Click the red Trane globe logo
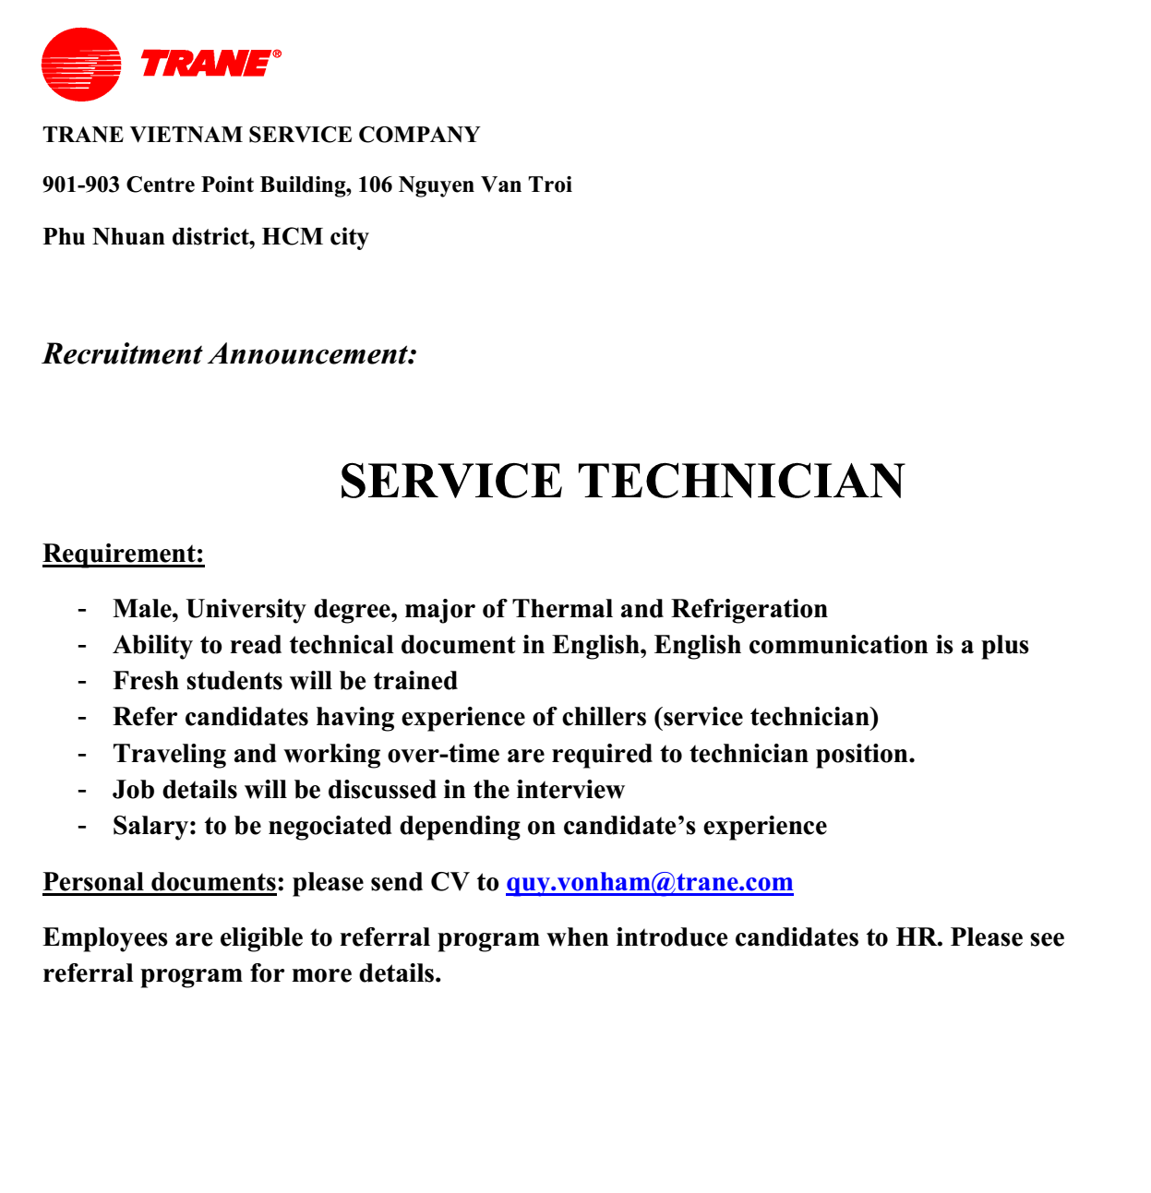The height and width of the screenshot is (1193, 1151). pos(81,65)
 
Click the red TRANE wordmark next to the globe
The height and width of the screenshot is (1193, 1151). pos(207,64)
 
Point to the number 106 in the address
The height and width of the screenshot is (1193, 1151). pos(375,185)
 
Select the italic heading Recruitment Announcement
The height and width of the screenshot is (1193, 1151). pos(230,354)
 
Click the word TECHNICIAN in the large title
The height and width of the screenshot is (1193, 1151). pos(741,482)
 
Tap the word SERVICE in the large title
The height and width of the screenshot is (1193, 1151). pos(450,482)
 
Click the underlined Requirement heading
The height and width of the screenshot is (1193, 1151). pos(123,554)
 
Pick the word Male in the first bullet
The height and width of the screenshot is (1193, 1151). pos(145,609)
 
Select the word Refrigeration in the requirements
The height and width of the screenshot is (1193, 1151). pos(749,609)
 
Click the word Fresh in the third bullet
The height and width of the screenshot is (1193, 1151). pos(145,681)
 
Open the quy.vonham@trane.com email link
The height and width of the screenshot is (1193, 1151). pos(649,882)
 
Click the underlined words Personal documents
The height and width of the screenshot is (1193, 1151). pos(159,882)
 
